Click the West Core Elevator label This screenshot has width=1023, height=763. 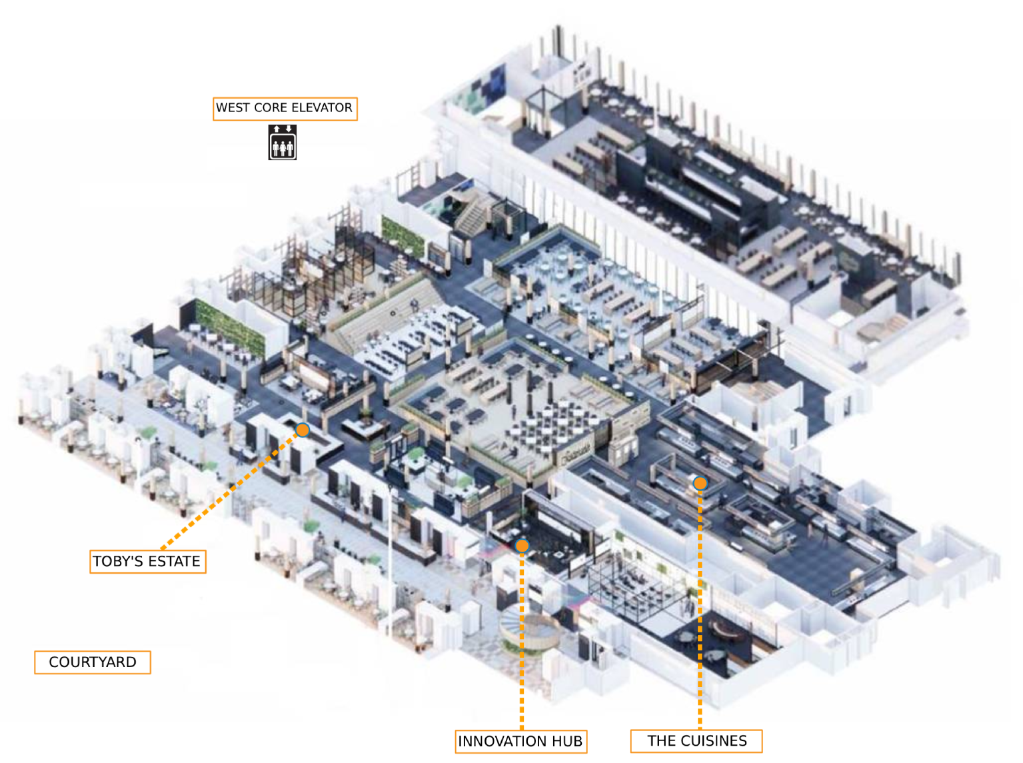pos(285,109)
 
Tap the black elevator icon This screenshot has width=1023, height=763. pos(282,142)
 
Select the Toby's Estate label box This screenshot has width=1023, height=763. pos(147,561)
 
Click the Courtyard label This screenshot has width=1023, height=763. pos(92,662)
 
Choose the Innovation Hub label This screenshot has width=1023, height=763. pos(520,741)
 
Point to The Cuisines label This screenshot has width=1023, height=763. pos(696,740)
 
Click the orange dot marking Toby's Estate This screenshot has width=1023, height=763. pos(303,429)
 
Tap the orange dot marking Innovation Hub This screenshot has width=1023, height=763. pos(522,546)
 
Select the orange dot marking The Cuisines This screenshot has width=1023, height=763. pos(700,483)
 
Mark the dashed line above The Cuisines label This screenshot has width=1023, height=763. pos(700,609)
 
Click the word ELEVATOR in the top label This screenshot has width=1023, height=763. pos(322,107)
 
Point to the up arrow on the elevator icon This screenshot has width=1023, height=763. pos(277,129)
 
